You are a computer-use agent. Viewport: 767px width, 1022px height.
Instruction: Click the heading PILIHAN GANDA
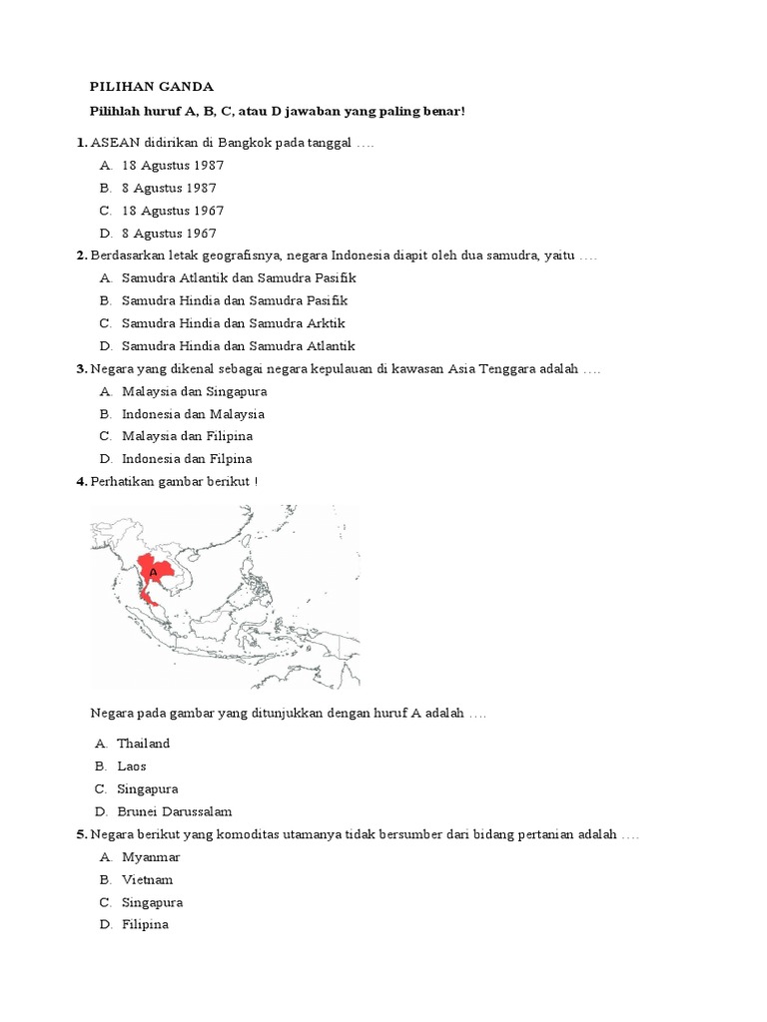152,87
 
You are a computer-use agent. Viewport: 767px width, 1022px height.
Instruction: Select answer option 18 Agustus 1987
172,166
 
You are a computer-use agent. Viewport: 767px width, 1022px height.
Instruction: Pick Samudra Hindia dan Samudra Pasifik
235,300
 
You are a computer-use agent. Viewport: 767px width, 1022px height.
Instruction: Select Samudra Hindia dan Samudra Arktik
233,323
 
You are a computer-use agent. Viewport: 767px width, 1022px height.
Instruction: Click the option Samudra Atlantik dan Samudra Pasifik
239,278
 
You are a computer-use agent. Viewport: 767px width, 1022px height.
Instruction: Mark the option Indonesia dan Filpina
187,459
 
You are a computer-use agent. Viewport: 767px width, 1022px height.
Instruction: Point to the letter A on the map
153,574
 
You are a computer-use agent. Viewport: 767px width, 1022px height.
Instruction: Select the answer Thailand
143,744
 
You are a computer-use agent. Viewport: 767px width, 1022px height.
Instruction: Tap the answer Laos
131,766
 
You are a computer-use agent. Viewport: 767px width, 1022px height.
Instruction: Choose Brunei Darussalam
174,811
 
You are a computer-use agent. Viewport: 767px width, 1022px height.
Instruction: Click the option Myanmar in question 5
150,857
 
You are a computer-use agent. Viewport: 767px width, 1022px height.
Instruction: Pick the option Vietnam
147,880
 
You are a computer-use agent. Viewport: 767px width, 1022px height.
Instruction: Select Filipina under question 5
145,925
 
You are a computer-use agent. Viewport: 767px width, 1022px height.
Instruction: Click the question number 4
81,482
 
